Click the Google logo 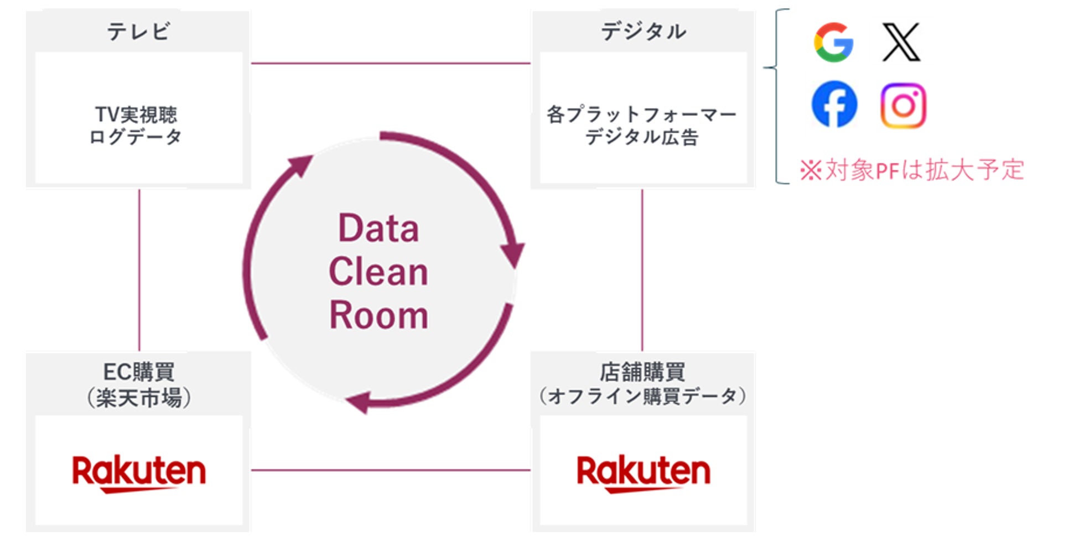833,42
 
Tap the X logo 901,42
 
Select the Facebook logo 834,104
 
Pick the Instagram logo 903,105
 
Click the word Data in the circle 378,228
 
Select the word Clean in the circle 378,272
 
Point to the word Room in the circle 378,315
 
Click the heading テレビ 138,32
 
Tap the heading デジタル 643,32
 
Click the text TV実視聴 136,115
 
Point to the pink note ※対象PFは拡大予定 912,170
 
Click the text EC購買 139,372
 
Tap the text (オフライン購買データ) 642,396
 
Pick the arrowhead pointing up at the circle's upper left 301,165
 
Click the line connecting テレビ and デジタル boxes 391,63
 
